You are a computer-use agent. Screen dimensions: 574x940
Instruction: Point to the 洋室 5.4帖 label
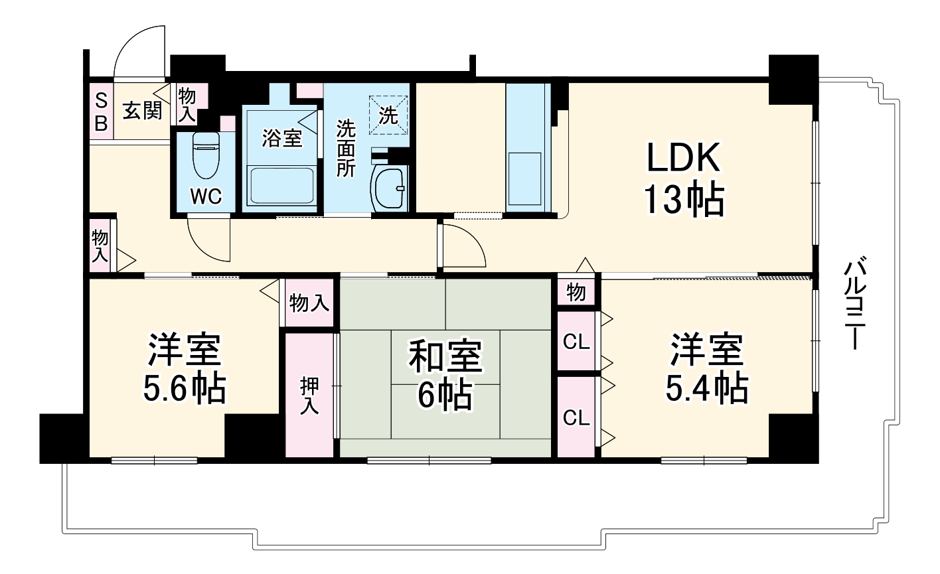pyautogui.click(x=706, y=370)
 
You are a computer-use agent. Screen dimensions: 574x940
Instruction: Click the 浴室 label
pyautogui.click(x=281, y=139)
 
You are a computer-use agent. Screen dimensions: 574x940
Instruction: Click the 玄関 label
pyautogui.click(x=142, y=111)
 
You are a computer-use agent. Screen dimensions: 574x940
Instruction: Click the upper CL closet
pyautogui.click(x=576, y=342)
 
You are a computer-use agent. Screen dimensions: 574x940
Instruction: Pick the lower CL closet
pyautogui.click(x=576, y=417)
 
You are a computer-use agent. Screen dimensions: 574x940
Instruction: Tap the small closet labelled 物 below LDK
pyautogui.click(x=576, y=291)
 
